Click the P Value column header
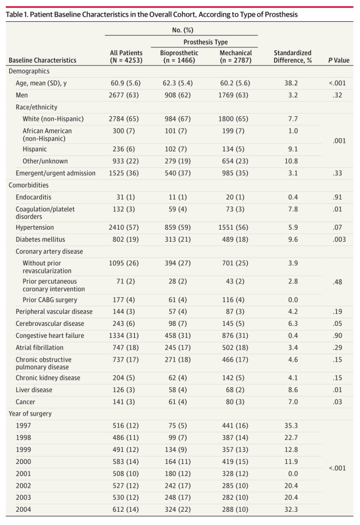point(338,60)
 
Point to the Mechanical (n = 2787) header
point(236,56)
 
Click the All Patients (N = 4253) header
point(126,56)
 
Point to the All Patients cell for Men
point(126,94)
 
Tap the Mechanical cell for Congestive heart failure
point(236,336)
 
